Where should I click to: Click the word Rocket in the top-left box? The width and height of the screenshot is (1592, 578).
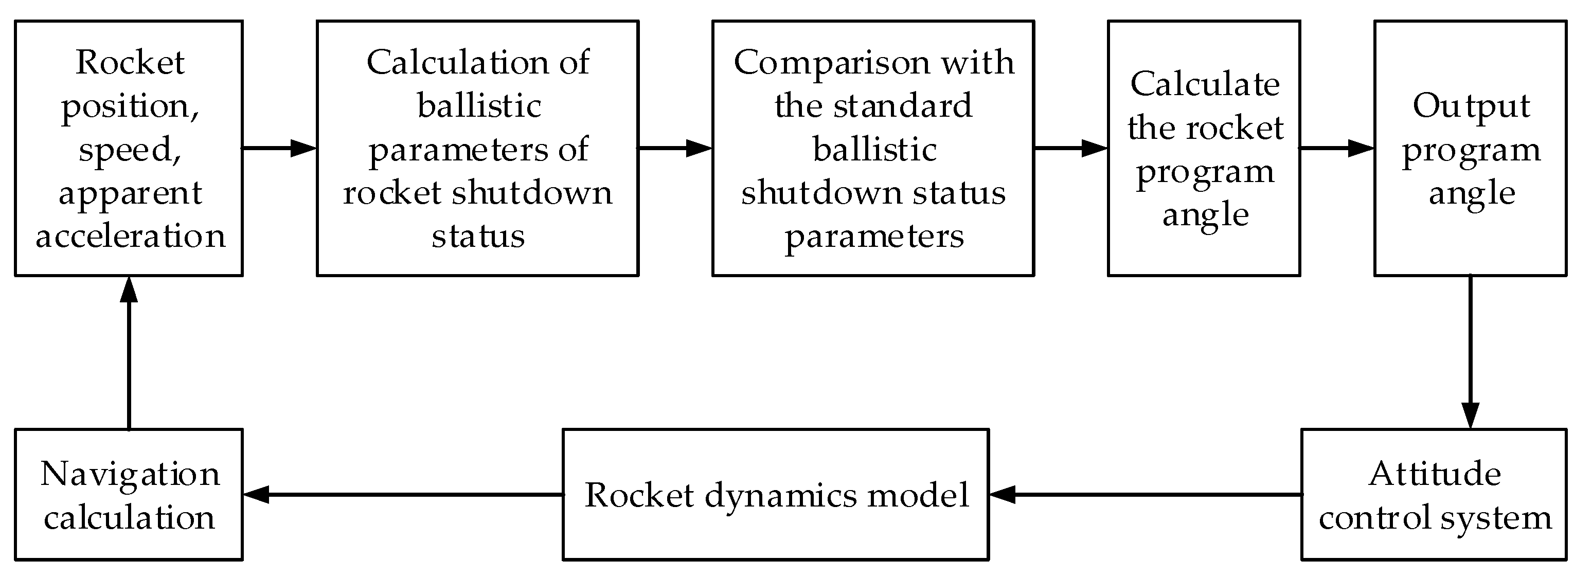(x=130, y=62)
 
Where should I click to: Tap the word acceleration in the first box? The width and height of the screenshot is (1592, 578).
(x=130, y=237)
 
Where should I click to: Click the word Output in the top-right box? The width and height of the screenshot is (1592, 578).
(x=1471, y=107)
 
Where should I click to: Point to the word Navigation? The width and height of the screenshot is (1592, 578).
(x=130, y=474)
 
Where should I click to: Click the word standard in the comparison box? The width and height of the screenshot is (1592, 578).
(x=902, y=106)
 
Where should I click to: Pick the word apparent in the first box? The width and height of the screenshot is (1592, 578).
(x=130, y=194)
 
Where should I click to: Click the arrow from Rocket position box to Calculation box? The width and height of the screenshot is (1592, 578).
(x=279, y=148)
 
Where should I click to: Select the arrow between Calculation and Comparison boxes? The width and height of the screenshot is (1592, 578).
(x=675, y=148)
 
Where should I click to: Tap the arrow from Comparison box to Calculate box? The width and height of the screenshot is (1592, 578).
(x=1070, y=148)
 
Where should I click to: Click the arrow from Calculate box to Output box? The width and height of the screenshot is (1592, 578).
(x=1336, y=148)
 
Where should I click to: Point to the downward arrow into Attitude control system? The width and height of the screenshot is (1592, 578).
(x=1470, y=352)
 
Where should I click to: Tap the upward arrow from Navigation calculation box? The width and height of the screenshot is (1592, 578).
(x=129, y=352)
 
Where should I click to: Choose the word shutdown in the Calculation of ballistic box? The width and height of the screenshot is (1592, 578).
(x=531, y=193)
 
